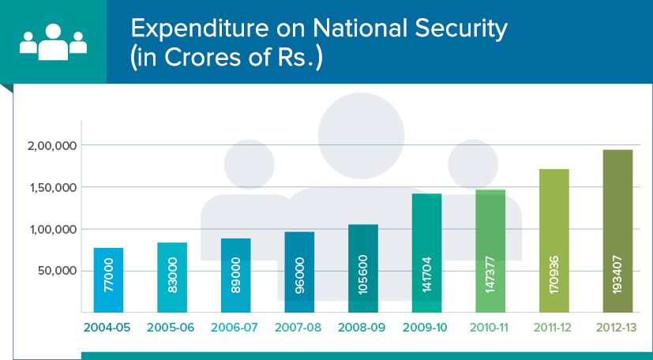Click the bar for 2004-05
pos(109,280)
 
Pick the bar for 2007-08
pos(300,272)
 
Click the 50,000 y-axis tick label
pos(56,271)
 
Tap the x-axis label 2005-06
pos(172,327)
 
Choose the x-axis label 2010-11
pos(490,327)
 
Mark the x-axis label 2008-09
pos(363,327)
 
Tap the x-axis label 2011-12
pos(554,327)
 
